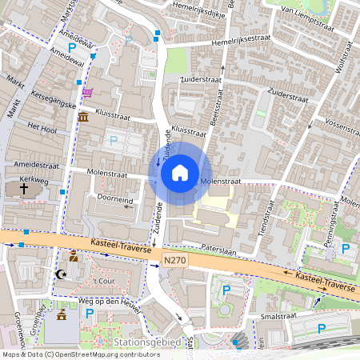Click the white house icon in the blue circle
click(180, 172)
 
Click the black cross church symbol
click(24, 189)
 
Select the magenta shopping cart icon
click(86, 93)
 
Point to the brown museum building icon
click(84, 118)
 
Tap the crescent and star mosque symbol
click(58, 274)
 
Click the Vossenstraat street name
click(342, 128)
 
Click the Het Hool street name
click(42, 127)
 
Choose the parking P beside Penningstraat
click(346, 248)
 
